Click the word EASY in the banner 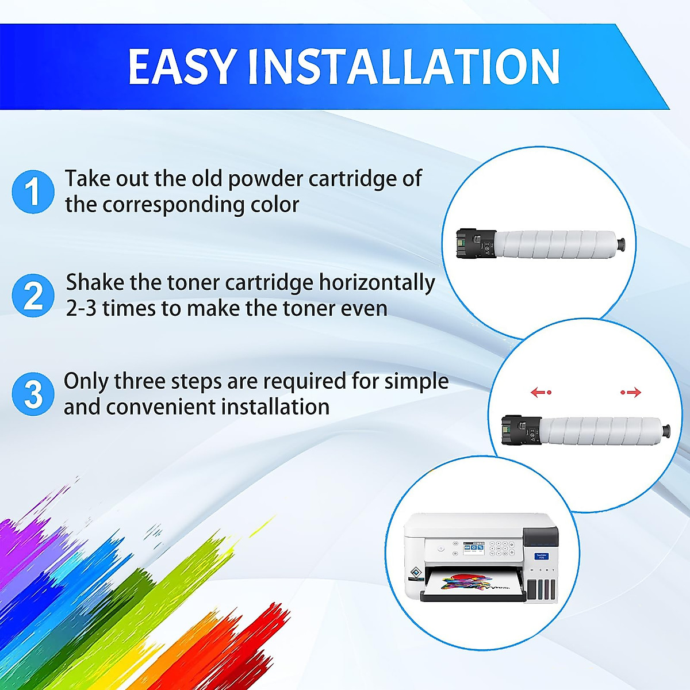182,67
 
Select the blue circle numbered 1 33,191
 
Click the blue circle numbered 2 33,296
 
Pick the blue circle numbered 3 33,394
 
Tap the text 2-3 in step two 81,309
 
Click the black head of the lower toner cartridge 522,430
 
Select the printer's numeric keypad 501,550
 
